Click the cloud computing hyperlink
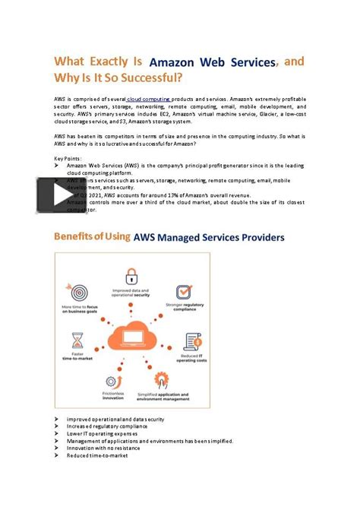pos(148,100)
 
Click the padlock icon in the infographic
pos(131,275)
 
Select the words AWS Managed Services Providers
pos(209,237)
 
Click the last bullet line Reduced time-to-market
pos(97,455)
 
